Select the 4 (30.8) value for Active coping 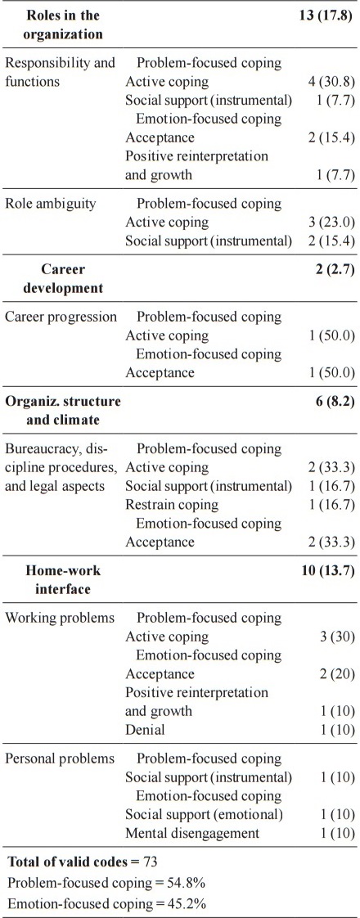[x=326, y=82]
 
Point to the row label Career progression [x=61, y=317]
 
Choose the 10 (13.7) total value [x=326, y=570]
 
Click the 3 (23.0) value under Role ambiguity [x=326, y=223]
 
